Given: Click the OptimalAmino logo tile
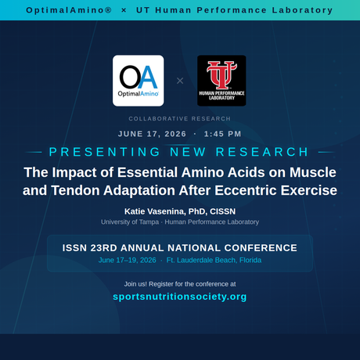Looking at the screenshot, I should pyautogui.click(x=139, y=80).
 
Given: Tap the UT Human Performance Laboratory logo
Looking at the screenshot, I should pyautogui.click(x=221, y=80).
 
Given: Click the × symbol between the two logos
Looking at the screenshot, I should pyautogui.click(x=180, y=81).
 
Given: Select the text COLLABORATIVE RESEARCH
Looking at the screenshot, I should pyautogui.click(x=180, y=119).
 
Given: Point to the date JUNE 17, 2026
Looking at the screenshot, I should pyautogui.click(x=152, y=134).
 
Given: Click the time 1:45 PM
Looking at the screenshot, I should pyautogui.click(x=223, y=134).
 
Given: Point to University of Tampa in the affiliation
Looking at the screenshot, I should pyautogui.click(x=129, y=222).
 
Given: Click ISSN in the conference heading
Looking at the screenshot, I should pyautogui.click(x=78, y=247).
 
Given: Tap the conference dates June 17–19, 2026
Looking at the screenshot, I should pyautogui.click(x=127, y=260).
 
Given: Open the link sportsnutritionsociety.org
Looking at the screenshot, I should pyautogui.click(x=180, y=297).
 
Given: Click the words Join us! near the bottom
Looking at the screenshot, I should pyautogui.click(x=139, y=283).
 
